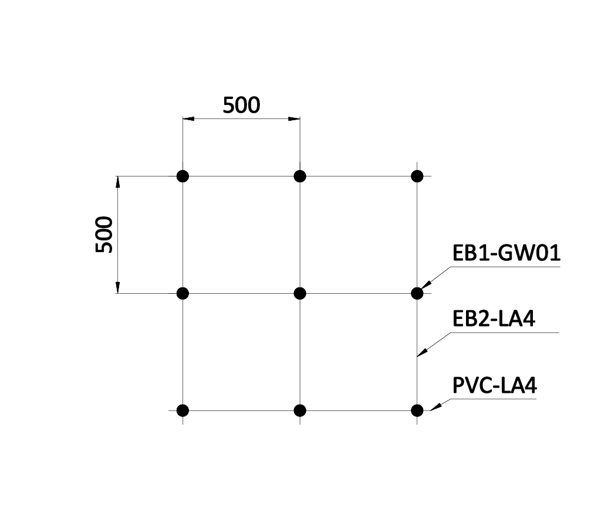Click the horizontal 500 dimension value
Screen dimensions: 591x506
point(241,105)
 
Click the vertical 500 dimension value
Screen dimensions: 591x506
point(104,235)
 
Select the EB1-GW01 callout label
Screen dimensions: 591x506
point(506,253)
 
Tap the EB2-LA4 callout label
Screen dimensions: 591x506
point(494,318)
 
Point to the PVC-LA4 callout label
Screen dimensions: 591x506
point(495,385)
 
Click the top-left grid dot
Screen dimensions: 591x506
point(183,176)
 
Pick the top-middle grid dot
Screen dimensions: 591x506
point(300,176)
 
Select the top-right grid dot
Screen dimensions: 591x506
point(417,176)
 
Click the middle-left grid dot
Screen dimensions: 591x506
point(183,293)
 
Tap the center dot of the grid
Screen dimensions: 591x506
point(300,293)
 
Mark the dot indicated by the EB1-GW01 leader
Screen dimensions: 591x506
point(417,293)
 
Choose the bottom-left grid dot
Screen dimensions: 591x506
point(183,410)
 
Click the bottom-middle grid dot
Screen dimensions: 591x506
point(300,410)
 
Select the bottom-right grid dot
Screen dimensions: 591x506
point(417,410)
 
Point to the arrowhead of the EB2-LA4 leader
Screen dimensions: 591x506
point(423,352)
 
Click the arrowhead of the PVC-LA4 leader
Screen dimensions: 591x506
point(435,407)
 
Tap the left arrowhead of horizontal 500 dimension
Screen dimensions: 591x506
point(188,118)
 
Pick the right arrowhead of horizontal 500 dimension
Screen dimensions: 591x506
point(295,118)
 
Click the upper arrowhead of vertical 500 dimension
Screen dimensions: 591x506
point(117,181)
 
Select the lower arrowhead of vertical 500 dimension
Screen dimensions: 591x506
point(117,287)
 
